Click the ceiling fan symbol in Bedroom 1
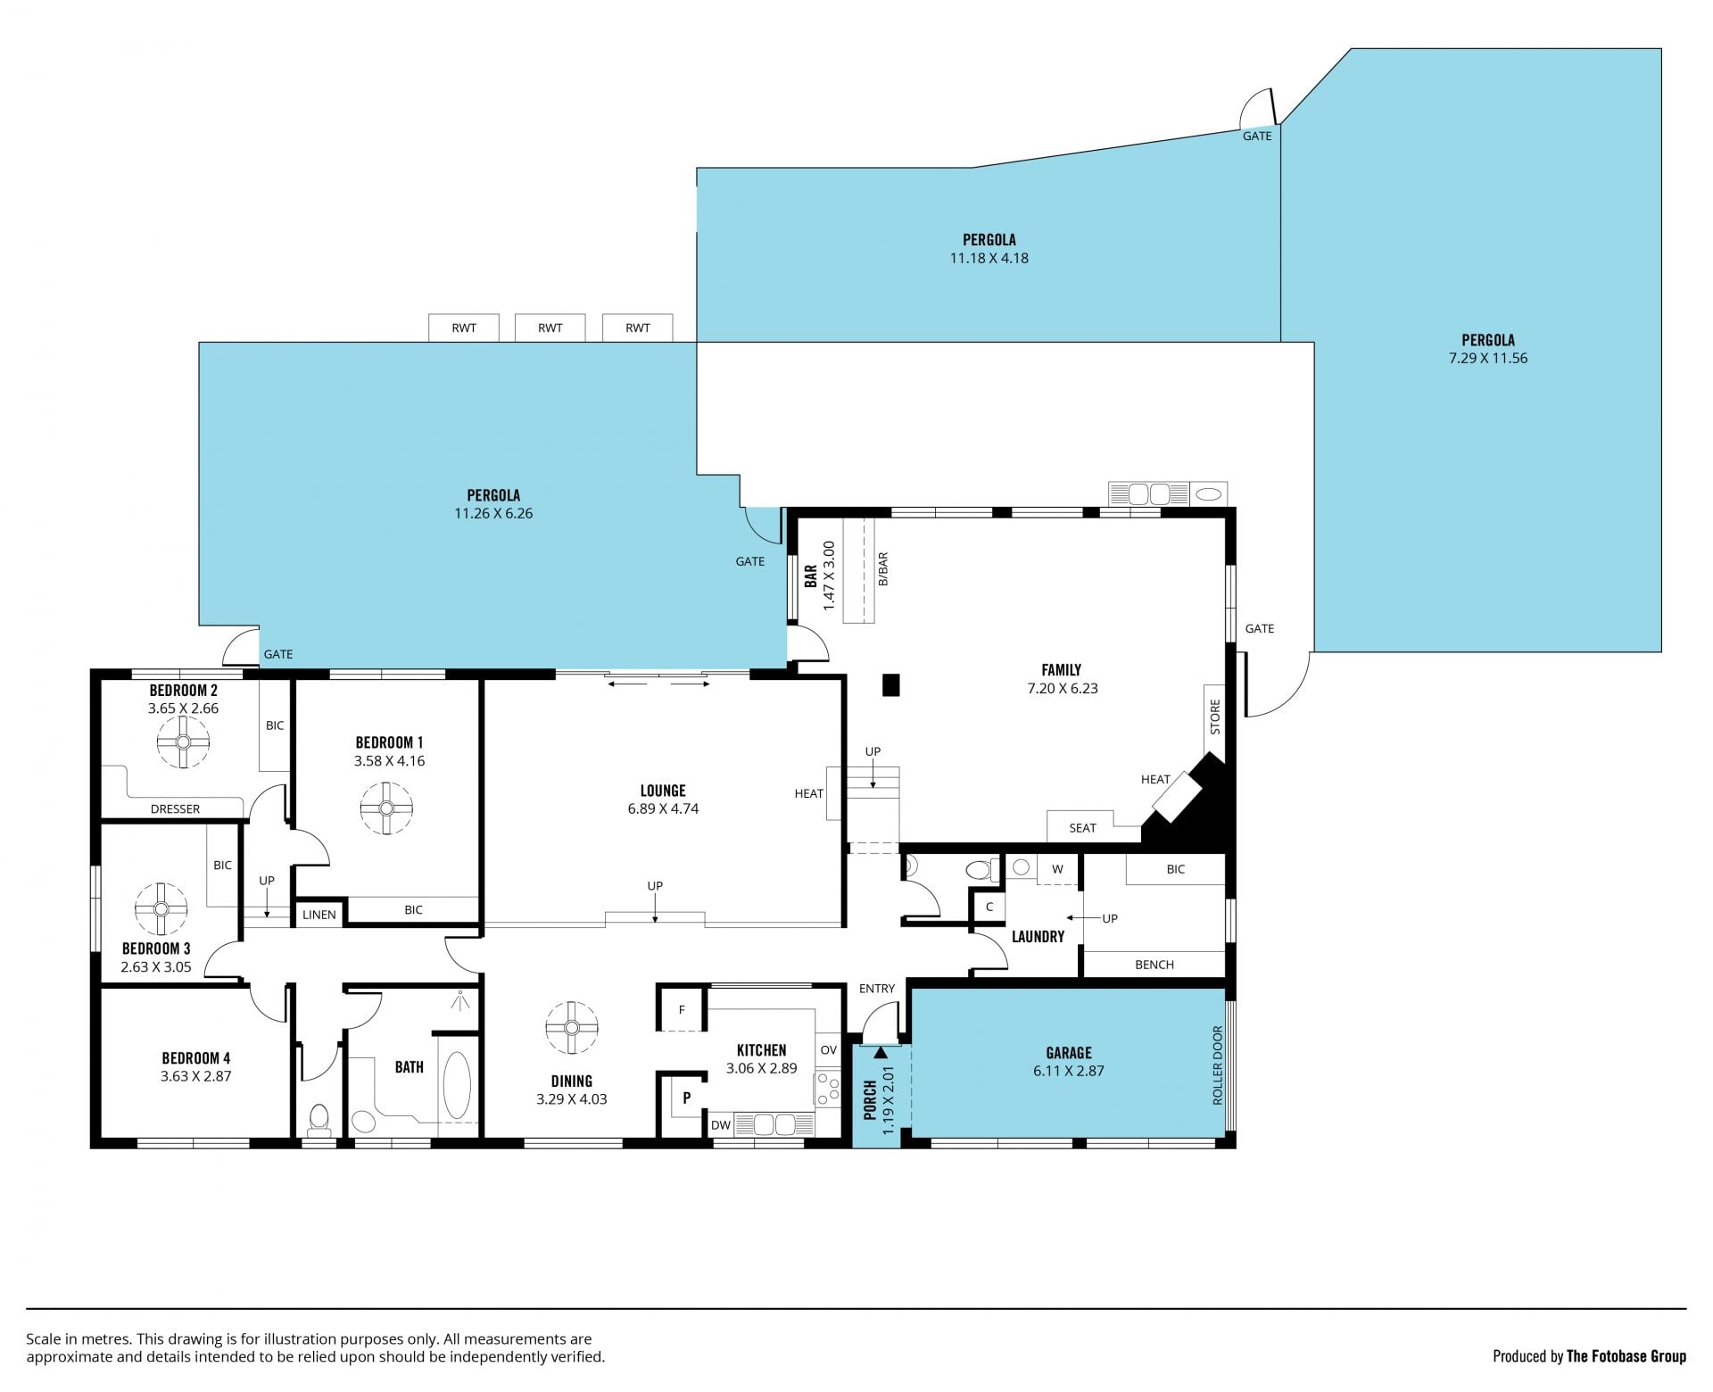[386, 808]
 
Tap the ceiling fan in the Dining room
[571, 1026]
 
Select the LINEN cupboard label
[319, 915]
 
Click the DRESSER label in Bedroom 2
[175, 809]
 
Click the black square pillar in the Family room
[890, 685]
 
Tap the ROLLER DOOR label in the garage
[1217, 1065]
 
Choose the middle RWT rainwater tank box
[550, 327]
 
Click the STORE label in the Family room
[1214, 717]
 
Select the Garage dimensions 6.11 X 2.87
[1069, 1071]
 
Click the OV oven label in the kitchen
[828, 1050]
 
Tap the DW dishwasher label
[721, 1125]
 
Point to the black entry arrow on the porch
[881, 1053]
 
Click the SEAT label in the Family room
[1082, 828]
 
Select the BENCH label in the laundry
[1154, 965]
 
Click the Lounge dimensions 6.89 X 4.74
[663, 809]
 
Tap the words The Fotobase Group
[1626, 1356]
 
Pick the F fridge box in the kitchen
[683, 1009]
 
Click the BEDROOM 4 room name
[195, 1058]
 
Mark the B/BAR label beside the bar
[883, 569]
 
